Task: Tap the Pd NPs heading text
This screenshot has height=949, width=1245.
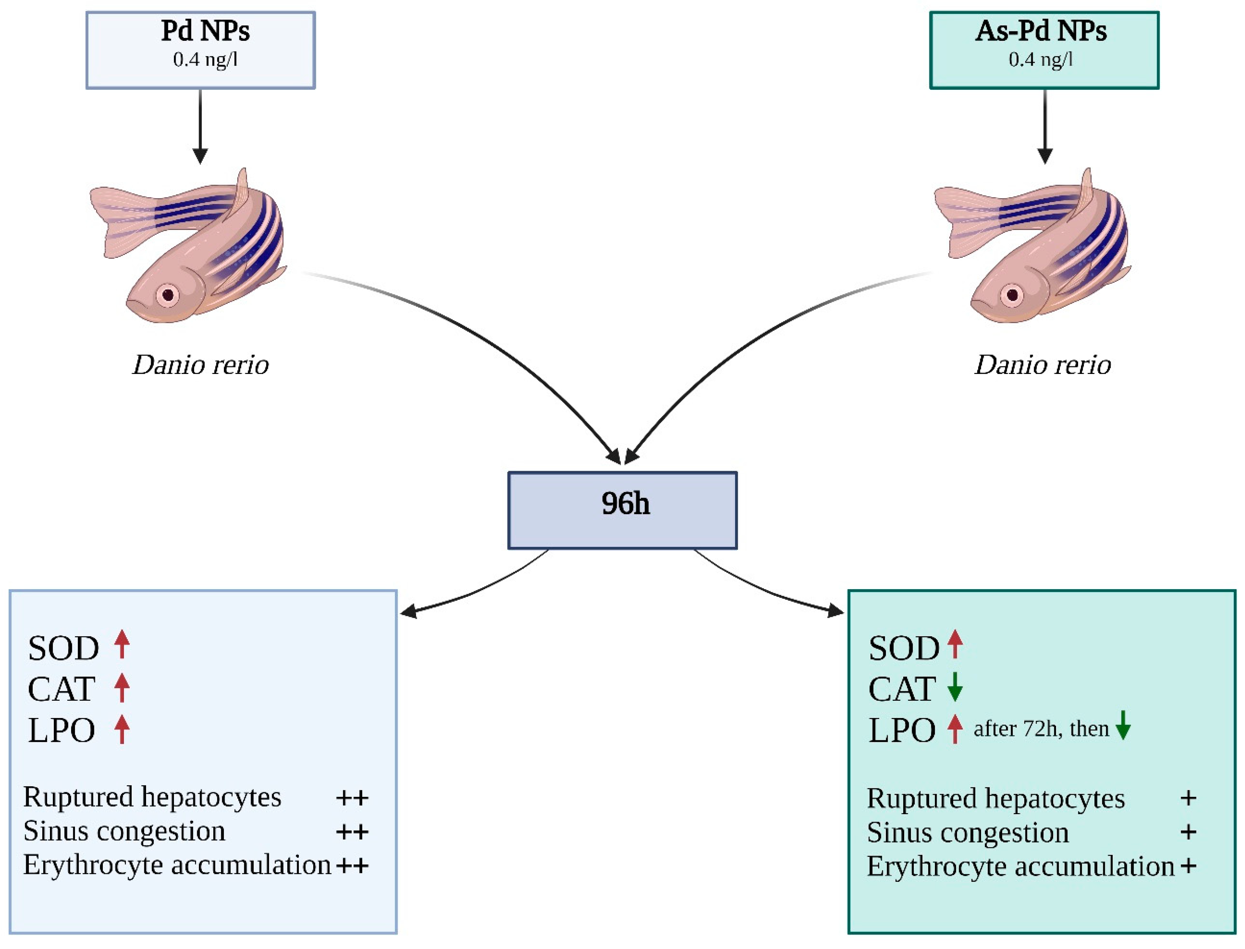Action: pos(205,31)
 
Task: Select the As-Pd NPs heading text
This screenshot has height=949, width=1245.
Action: pos(1040,31)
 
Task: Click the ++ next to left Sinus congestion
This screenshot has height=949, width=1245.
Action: pos(352,831)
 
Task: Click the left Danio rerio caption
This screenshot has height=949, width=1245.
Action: pos(200,365)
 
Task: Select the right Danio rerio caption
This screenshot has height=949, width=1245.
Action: pos(1042,365)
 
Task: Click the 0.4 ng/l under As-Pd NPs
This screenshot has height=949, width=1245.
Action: pos(1040,59)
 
